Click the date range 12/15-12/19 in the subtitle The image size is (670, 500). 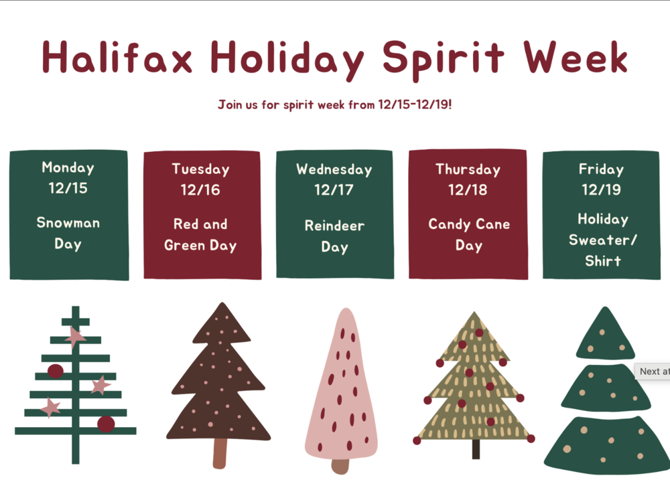(413, 105)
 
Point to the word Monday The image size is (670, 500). (68, 167)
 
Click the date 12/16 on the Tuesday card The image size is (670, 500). (200, 190)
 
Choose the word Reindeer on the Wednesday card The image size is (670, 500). (334, 226)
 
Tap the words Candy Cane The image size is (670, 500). (469, 224)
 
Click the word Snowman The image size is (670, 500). (68, 223)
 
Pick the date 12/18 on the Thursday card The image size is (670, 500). (468, 190)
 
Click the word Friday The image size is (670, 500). (601, 169)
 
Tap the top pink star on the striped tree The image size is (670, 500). (75, 336)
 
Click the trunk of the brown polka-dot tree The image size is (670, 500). (220, 453)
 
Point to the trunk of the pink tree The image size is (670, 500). (340, 466)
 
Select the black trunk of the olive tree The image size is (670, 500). (476, 448)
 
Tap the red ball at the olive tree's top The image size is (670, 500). (479, 333)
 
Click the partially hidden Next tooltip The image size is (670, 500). (653, 371)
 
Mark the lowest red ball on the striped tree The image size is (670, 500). (106, 424)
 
